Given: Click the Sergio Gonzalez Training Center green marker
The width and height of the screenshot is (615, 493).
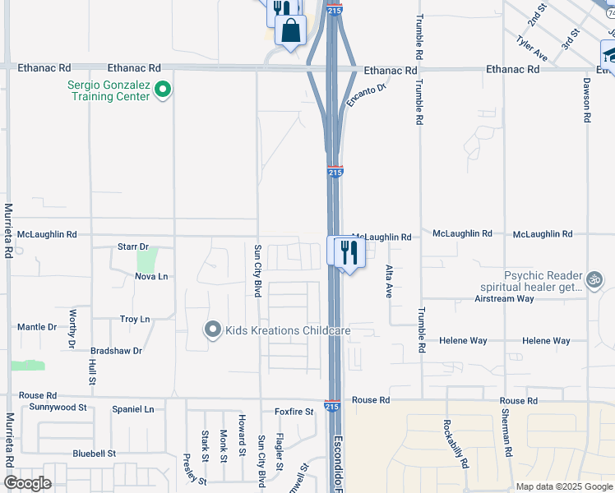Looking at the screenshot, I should (x=163, y=89).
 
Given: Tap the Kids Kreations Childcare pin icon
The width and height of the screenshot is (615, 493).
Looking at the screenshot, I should (x=213, y=330).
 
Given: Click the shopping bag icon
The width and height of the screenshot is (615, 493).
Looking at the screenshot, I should (x=291, y=31).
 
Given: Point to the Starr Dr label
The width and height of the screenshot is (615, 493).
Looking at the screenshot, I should (x=132, y=246).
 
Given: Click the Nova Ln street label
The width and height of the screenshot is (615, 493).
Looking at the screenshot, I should (x=151, y=276).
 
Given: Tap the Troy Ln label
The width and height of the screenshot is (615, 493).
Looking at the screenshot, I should (x=135, y=319).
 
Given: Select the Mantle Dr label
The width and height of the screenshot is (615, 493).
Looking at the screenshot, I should (x=37, y=327).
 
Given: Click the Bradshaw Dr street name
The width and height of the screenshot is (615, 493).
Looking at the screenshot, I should (x=117, y=350).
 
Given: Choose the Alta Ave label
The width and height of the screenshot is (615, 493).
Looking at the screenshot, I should (x=389, y=279).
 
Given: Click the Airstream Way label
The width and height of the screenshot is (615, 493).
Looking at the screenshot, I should (x=504, y=298).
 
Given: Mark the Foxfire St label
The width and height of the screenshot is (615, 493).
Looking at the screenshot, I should (x=294, y=412).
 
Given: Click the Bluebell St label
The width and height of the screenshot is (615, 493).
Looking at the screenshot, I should (x=95, y=453).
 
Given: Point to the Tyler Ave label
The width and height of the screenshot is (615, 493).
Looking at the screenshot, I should (x=532, y=48).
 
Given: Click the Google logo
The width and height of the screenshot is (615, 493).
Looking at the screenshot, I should (x=27, y=483).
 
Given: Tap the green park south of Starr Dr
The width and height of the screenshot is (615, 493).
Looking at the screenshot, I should (x=146, y=260).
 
